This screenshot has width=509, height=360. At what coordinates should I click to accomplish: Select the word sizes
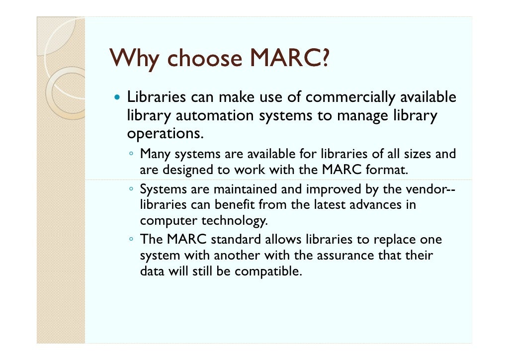[416, 154]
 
